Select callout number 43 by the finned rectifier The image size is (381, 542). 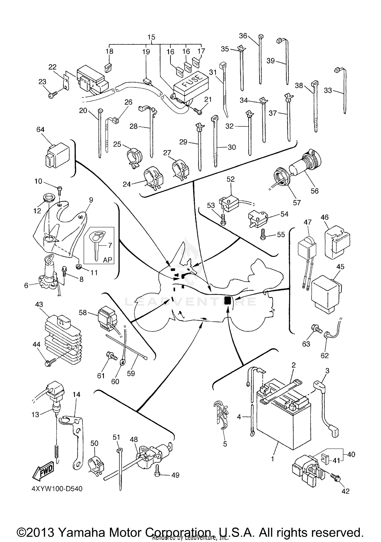point(39,304)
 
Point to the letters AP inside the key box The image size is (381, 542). point(107,260)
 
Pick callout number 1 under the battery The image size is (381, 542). point(273,459)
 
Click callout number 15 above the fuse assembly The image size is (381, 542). point(151,37)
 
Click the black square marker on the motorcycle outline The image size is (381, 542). point(228,301)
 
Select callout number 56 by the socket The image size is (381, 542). point(314,191)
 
